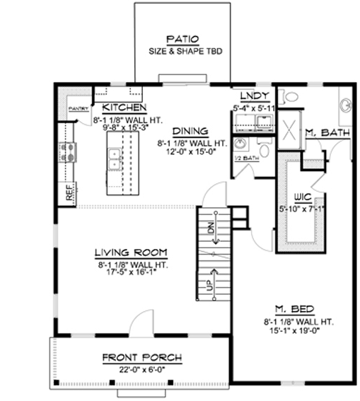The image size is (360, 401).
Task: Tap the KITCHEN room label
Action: tap(124, 108)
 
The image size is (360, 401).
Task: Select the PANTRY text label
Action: tap(76, 109)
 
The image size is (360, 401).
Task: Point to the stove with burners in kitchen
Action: tap(69, 151)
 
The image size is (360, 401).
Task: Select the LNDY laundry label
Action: tap(252, 95)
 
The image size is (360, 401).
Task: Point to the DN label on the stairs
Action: tap(210, 228)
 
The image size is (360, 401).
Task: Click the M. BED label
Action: tap(295, 309)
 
